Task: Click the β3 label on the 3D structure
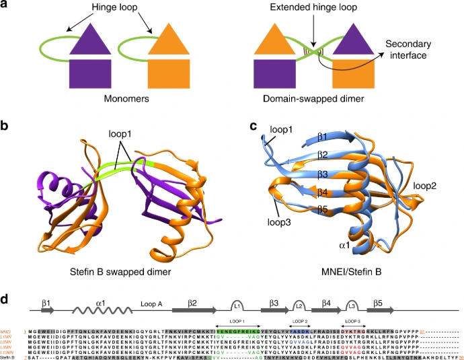(x=324, y=174)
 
